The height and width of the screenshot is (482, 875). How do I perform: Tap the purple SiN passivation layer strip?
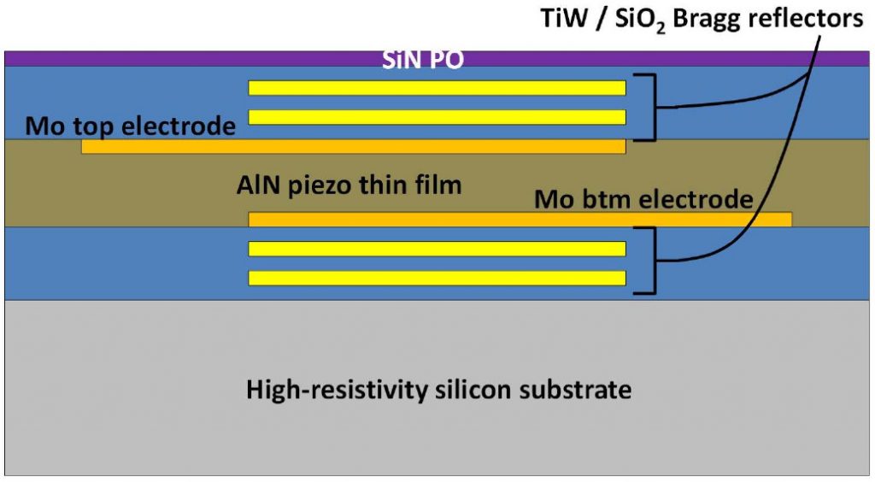pyautogui.click(x=171, y=59)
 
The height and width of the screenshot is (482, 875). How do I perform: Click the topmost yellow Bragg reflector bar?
pyautogui.click(x=437, y=87)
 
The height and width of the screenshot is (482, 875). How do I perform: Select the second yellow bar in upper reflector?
pyautogui.click(x=437, y=117)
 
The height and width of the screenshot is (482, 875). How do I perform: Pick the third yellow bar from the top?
pyautogui.click(x=437, y=249)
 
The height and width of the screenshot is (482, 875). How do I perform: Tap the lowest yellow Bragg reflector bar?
pyautogui.click(x=437, y=278)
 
